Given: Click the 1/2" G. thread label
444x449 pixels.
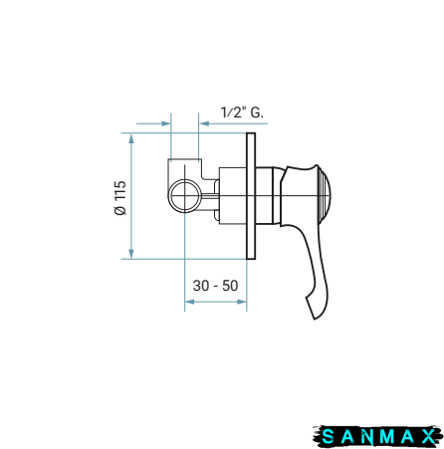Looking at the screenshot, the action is [242, 112].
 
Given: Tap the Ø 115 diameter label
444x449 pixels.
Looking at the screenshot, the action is [120, 198].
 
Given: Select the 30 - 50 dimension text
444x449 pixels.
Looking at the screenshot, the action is [215, 286].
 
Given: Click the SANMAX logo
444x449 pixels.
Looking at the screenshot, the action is [378, 436].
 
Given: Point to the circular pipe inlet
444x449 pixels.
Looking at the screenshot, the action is [184, 195].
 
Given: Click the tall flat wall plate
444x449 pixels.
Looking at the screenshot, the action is [251, 196].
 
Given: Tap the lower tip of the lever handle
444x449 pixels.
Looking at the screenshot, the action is [315, 319].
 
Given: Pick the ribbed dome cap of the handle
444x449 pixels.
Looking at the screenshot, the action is [322, 196].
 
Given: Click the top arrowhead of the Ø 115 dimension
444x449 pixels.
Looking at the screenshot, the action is [131, 138].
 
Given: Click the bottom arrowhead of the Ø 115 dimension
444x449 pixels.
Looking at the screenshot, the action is [131, 253].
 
